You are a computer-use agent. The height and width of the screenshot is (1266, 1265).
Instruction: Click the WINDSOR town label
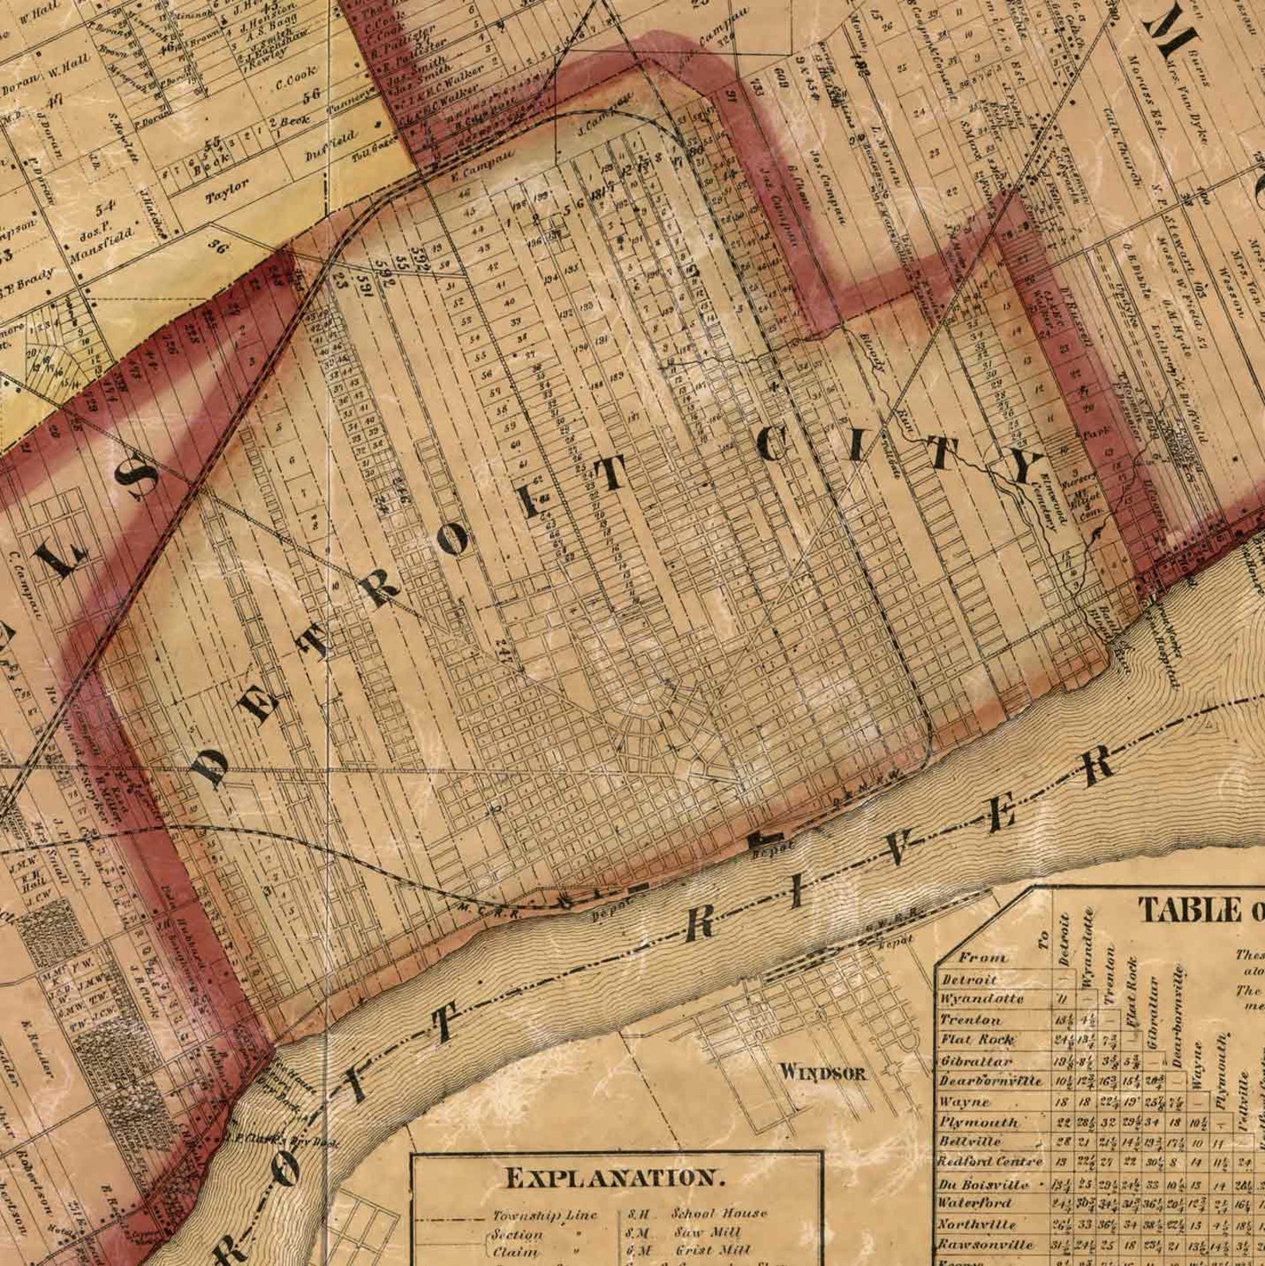(823, 1072)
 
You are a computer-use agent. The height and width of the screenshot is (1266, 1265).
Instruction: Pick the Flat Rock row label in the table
(977, 1040)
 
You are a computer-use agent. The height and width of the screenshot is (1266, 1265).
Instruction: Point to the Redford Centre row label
(989, 1162)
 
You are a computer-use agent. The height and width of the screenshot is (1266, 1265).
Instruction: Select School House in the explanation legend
(719, 1213)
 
